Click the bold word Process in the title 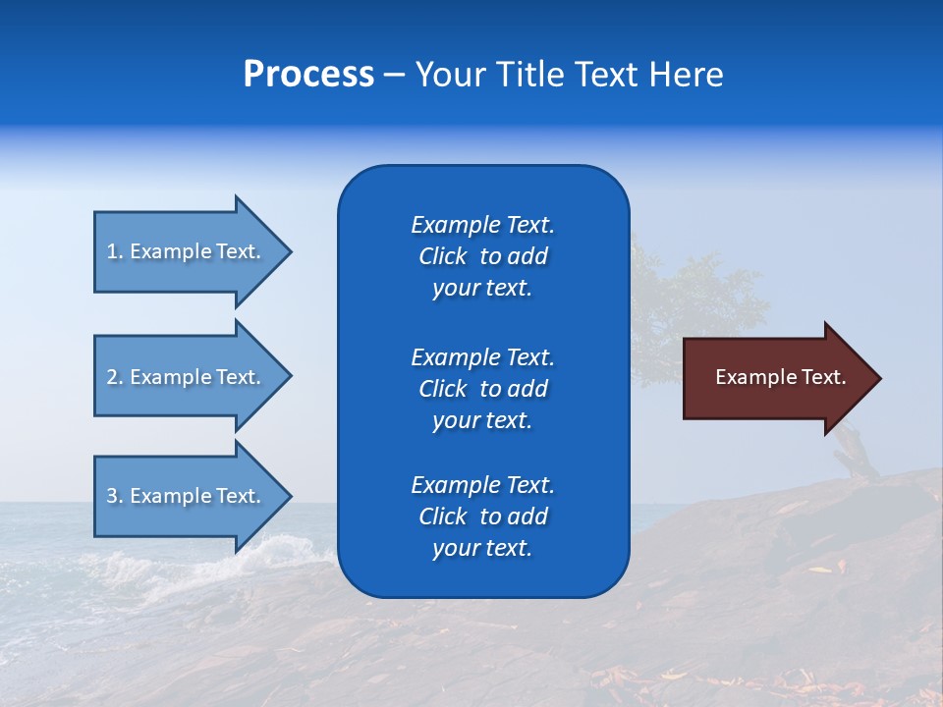[x=308, y=75]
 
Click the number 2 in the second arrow [x=112, y=377]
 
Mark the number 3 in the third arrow [x=112, y=496]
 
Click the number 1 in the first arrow [x=112, y=251]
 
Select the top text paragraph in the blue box [x=482, y=256]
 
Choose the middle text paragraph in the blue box [x=482, y=389]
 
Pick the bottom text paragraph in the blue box [x=482, y=517]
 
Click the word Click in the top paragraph [x=442, y=256]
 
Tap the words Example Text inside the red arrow [x=781, y=377]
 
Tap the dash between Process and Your [x=394, y=76]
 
